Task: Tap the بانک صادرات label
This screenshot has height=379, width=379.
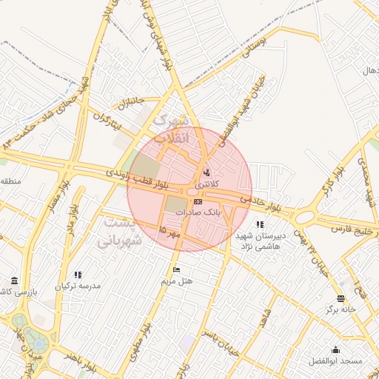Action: [198, 212]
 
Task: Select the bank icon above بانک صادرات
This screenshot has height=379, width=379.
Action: [198, 201]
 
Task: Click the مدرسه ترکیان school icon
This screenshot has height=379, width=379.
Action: [78, 275]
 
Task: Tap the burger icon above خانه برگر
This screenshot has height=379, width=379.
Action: [340, 298]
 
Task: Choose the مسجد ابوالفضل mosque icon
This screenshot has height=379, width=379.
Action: [336, 350]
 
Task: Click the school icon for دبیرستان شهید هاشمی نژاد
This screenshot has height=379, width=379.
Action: [259, 224]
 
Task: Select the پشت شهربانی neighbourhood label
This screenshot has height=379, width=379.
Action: [118, 231]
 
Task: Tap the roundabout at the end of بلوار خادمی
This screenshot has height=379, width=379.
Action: [304, 216]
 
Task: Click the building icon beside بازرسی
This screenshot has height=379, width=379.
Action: [15, 280]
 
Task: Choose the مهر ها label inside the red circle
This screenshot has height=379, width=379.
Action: [170, 232]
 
